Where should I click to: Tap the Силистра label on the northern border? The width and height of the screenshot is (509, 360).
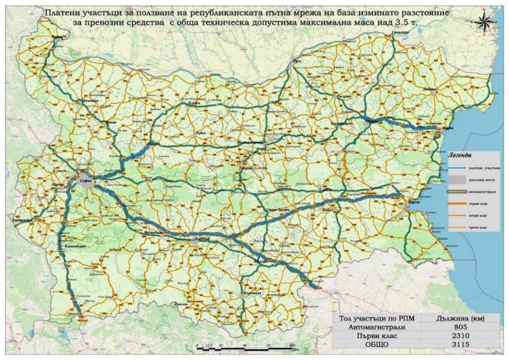coord(400,34)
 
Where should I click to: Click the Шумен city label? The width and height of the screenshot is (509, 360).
coord(374,117)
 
